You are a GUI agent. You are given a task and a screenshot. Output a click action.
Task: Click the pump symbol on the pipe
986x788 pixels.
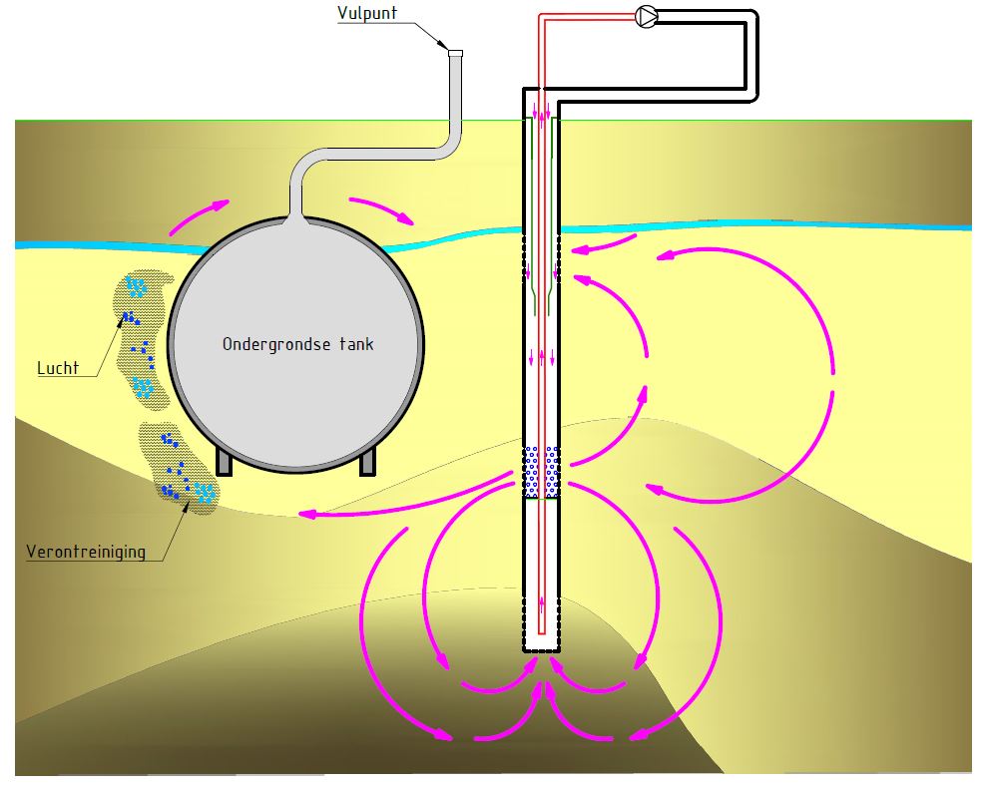pos(646,16)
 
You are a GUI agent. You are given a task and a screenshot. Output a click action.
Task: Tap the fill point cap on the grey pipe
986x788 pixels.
pos(456,53)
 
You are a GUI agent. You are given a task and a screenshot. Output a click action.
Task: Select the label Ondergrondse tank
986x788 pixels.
pos(297,344)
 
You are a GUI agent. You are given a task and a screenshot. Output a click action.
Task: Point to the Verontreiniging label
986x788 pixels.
pos(84,551)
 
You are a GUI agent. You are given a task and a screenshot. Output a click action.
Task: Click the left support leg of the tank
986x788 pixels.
pos(225,460)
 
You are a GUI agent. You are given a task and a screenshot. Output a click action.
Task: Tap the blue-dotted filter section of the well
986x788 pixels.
pos(541,471)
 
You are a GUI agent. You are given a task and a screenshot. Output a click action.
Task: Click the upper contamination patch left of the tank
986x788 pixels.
pos(140,334)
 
